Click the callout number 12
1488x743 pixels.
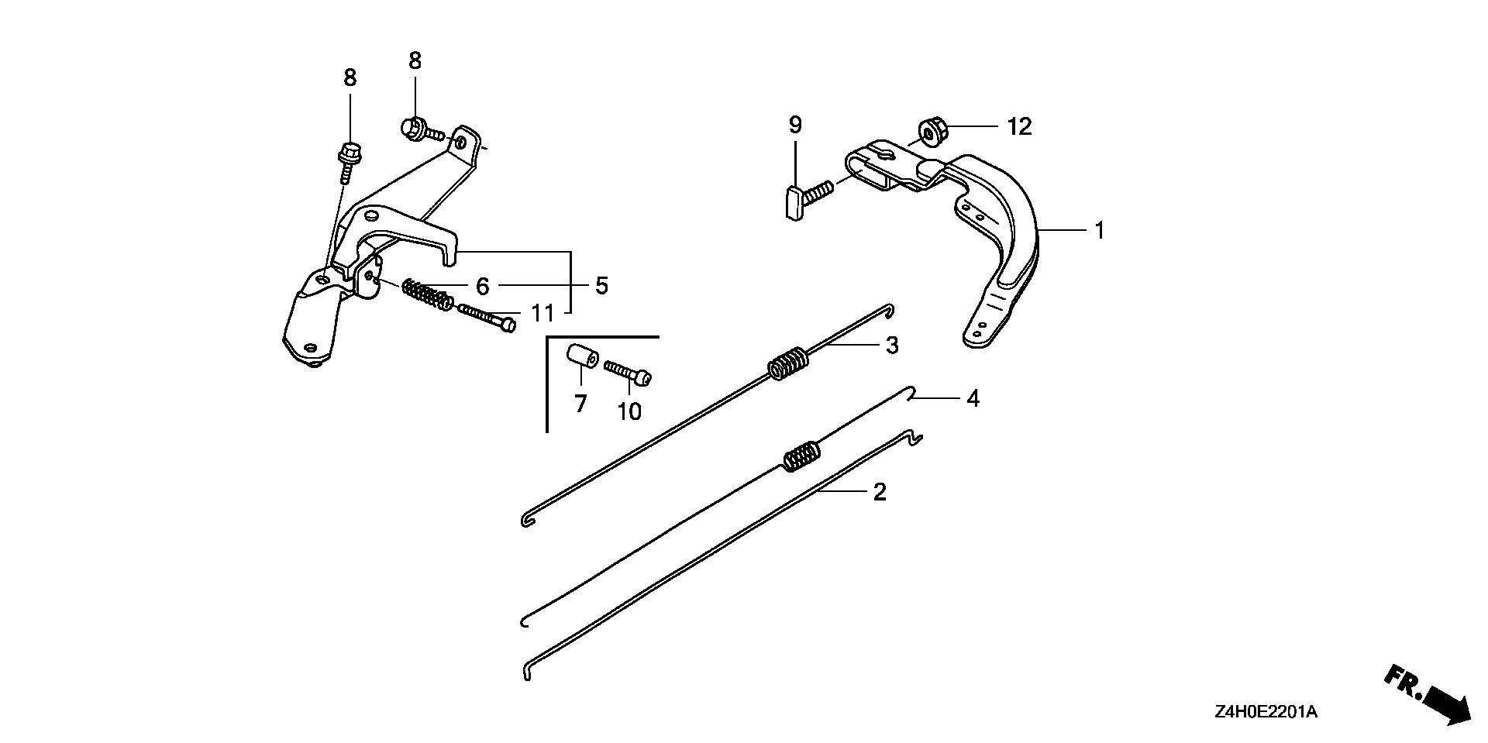(x=1020, y=126)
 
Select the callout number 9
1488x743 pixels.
(x=795, y=125)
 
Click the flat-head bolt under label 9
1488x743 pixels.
(x=805, y=199)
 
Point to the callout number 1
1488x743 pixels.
(x=1098, y=230)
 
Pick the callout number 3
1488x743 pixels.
(x=892, y=346)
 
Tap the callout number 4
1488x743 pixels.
(x=973, y=399)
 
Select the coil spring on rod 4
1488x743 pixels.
(x=800, y=456)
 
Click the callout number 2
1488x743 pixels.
(x=879, y=491)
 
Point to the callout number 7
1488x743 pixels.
(x=580, y=404)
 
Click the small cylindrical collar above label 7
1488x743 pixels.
(x=581, y=359)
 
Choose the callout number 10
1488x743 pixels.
(x=629, y=411)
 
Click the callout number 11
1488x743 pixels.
(x=542, y=313)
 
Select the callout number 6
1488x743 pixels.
(x=482, y=287)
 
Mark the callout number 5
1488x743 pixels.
(x=601, y=285)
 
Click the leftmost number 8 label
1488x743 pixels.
(x=350, y=77)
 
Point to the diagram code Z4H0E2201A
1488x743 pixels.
(x=1262, y=712)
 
